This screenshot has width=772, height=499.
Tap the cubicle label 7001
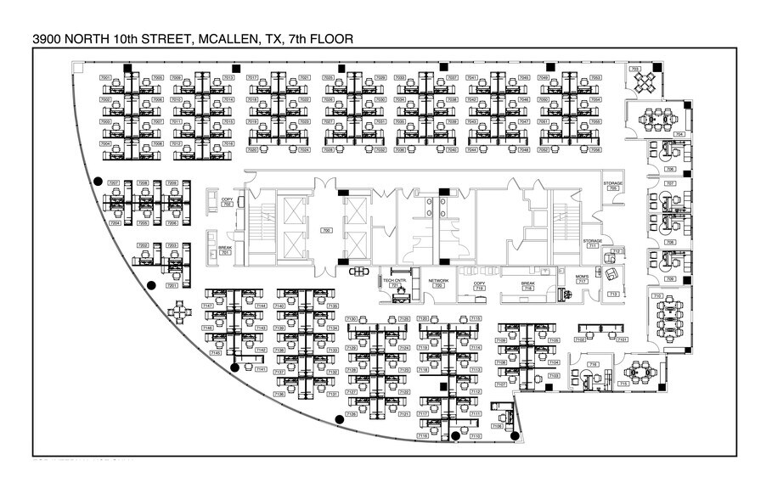pos(106,78)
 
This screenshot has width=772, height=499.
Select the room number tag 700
pos(325,231)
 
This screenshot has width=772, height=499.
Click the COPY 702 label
pos(227,202)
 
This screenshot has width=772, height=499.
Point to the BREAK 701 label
pos(225,249)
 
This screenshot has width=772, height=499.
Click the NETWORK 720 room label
pos(438,283)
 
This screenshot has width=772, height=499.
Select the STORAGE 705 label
pos(613,186)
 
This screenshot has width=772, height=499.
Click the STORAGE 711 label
pos(593,244)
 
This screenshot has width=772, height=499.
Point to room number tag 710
pos(657,295)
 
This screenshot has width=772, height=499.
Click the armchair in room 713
pos(613,273)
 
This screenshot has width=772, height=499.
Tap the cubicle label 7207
pos(113,183)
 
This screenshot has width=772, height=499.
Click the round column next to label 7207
pos(99,181)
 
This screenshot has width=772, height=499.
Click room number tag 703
pos(634,70)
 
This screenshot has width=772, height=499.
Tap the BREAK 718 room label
pos(527,286)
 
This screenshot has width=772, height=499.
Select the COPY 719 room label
pos(479,286)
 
